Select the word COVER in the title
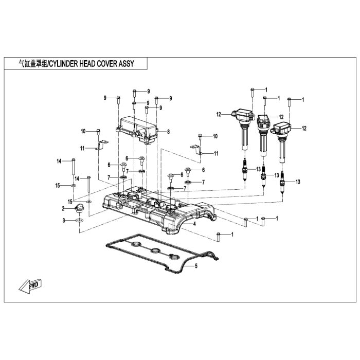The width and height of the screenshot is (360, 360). point(108,64)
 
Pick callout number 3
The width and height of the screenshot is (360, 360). point(64,221)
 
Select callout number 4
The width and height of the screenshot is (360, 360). point(195,224)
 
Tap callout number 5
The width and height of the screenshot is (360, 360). point(195,266)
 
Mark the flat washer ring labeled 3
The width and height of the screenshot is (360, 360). point(79,221)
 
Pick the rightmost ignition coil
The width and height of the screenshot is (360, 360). point(283,136)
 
